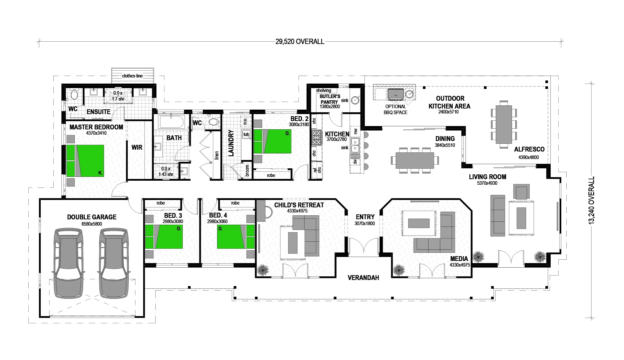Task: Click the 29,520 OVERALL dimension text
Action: click(299, 42)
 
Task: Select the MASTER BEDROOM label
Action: click(96, 127)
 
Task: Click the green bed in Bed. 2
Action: click(272, 141)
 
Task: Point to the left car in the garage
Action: click(68, 263)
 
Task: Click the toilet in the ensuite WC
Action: click(74, 95)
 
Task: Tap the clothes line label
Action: click(132, 76)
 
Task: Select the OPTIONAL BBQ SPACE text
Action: click(396, 110)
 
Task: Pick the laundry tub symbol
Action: click(246, 135)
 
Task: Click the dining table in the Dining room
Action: click(415, 160)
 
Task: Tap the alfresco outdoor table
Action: click(504, 124)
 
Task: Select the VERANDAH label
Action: click(363, 278)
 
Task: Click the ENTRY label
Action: click(365, 217)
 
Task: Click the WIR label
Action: click(137, 147)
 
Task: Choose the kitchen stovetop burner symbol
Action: click(317, 138)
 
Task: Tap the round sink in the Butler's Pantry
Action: click(356, 99)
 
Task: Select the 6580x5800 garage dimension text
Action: click(92, 224)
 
